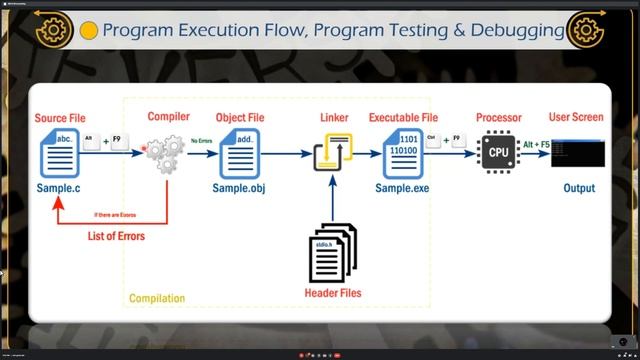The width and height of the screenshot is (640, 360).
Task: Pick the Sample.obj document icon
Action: (x=237, y=156)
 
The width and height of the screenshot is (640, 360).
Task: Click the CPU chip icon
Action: (x=498, y=153)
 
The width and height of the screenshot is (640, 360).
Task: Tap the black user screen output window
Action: (x=578, y=152)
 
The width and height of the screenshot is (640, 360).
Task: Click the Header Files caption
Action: (x=332, y=293)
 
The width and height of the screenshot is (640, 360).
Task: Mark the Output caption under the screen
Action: (x=578, y=188)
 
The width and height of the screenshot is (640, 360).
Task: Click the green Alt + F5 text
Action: (x=536, y=145)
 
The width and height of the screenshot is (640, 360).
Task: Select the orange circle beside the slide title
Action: (x=88, y=31)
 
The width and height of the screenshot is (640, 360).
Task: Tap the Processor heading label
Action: (x=498, y=118)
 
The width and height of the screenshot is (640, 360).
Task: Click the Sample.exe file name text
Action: (x=402, y=188)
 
